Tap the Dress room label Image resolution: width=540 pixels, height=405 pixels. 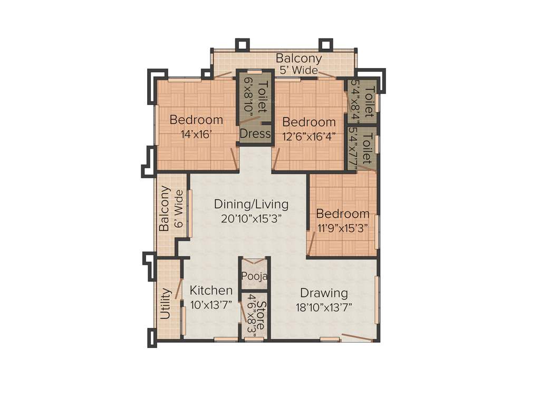coord(255,134)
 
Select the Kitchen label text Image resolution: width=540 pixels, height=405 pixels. coord(211,291)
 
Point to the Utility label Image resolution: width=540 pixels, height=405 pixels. coord(166,304)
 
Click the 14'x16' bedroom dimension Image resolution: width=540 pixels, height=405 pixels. coord(196,134)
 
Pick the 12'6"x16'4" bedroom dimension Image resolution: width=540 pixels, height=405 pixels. coord(309,136)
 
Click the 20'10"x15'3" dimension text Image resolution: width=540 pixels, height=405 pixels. coord(251,218)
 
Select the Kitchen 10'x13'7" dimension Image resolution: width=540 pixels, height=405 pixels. coord(211,304)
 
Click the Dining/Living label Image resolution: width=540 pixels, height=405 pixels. coord(251,204)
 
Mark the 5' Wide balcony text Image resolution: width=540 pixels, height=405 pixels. coord(298,70)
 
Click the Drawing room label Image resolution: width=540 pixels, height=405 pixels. coord(324,293)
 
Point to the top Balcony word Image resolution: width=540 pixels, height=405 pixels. coord(298,58)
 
